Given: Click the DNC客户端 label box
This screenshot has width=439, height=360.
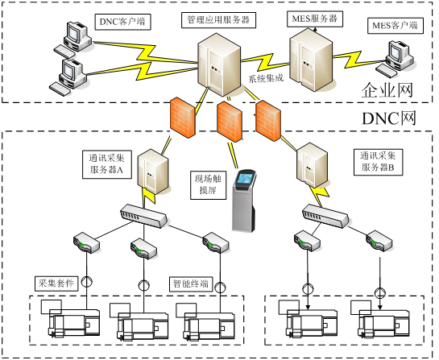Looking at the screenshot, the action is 122,22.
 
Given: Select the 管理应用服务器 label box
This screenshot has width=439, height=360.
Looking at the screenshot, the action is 218,20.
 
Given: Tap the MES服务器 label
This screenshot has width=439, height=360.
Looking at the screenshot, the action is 315,19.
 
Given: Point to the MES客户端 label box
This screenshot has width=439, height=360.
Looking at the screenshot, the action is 395,26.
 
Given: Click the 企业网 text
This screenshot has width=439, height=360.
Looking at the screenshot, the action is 387,90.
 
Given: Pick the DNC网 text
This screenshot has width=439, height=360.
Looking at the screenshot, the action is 389,118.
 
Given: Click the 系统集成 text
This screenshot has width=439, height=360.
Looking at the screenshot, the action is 266,78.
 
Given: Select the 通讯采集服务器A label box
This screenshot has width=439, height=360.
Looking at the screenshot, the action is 107,164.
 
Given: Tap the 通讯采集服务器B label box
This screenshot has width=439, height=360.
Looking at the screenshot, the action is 379,162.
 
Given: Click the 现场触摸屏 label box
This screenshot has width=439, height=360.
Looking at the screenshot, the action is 209,185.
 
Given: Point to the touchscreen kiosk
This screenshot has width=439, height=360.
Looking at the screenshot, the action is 244,201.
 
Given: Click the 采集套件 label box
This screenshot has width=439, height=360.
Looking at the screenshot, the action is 56,283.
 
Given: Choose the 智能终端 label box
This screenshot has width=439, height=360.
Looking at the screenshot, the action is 191,284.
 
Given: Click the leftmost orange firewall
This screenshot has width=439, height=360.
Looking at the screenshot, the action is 182,118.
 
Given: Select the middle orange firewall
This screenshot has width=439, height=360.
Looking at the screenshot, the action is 230,122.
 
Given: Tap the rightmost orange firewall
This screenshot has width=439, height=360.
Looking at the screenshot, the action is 268,121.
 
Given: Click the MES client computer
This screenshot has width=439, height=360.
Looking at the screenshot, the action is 395,59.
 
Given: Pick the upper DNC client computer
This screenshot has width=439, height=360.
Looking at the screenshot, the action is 73,39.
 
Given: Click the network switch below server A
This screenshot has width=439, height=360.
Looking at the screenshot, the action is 143,216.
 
